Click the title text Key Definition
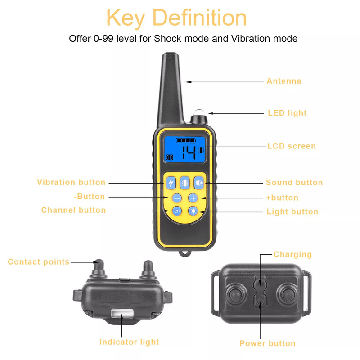177,18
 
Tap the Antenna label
283,81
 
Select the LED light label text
287,113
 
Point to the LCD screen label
292,146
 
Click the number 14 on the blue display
189,153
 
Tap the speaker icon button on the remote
199,183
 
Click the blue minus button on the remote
177,198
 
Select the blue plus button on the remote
193,198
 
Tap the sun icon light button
193,211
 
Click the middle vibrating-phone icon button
185,183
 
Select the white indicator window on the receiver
121,313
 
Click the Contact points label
39,262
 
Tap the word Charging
292,255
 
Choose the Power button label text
267,343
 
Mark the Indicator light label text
129,342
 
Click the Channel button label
73,211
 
